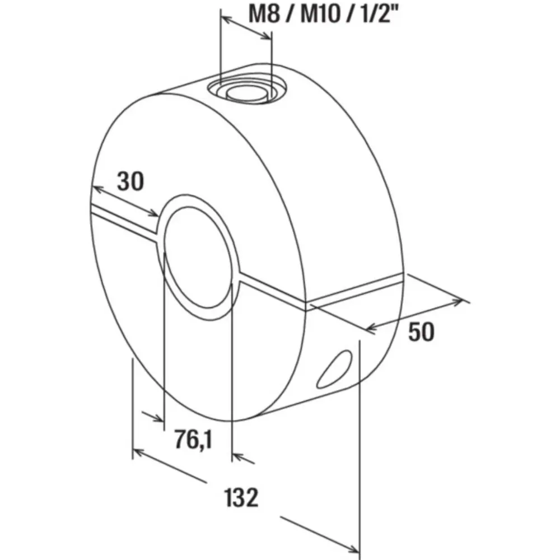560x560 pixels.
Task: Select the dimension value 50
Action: click(x=421, y=331)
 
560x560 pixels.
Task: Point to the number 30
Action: click(x=130, y=181)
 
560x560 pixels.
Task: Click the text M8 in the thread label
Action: click(x=264, y=15)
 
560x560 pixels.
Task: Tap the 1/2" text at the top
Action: click(x=380, y=15)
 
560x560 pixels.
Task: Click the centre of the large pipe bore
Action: click(x=198, y=256)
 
